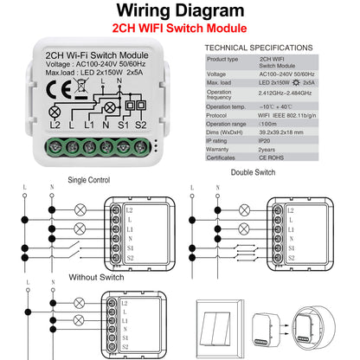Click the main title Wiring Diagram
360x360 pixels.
(x=179, y=12)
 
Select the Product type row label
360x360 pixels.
(x=223, y=59)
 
